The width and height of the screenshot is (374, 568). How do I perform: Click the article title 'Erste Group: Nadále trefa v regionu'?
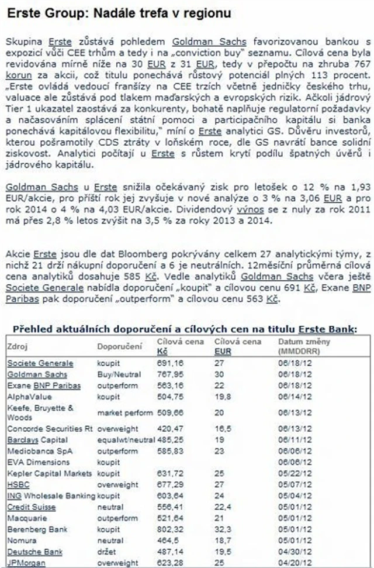coord(119,12)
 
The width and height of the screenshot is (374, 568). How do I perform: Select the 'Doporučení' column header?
coord(119,346)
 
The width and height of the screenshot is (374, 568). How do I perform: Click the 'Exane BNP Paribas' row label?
coord(44,385)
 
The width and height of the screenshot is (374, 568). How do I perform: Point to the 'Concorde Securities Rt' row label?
coord(50,429)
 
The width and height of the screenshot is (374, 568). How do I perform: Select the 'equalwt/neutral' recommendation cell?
coord(122,440)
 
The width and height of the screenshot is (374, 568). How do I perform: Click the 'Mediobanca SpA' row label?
coord(37,451)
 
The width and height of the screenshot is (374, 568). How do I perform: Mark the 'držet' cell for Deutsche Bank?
coord(106,552)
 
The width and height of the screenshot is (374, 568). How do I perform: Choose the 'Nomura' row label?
coord(20,541)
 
